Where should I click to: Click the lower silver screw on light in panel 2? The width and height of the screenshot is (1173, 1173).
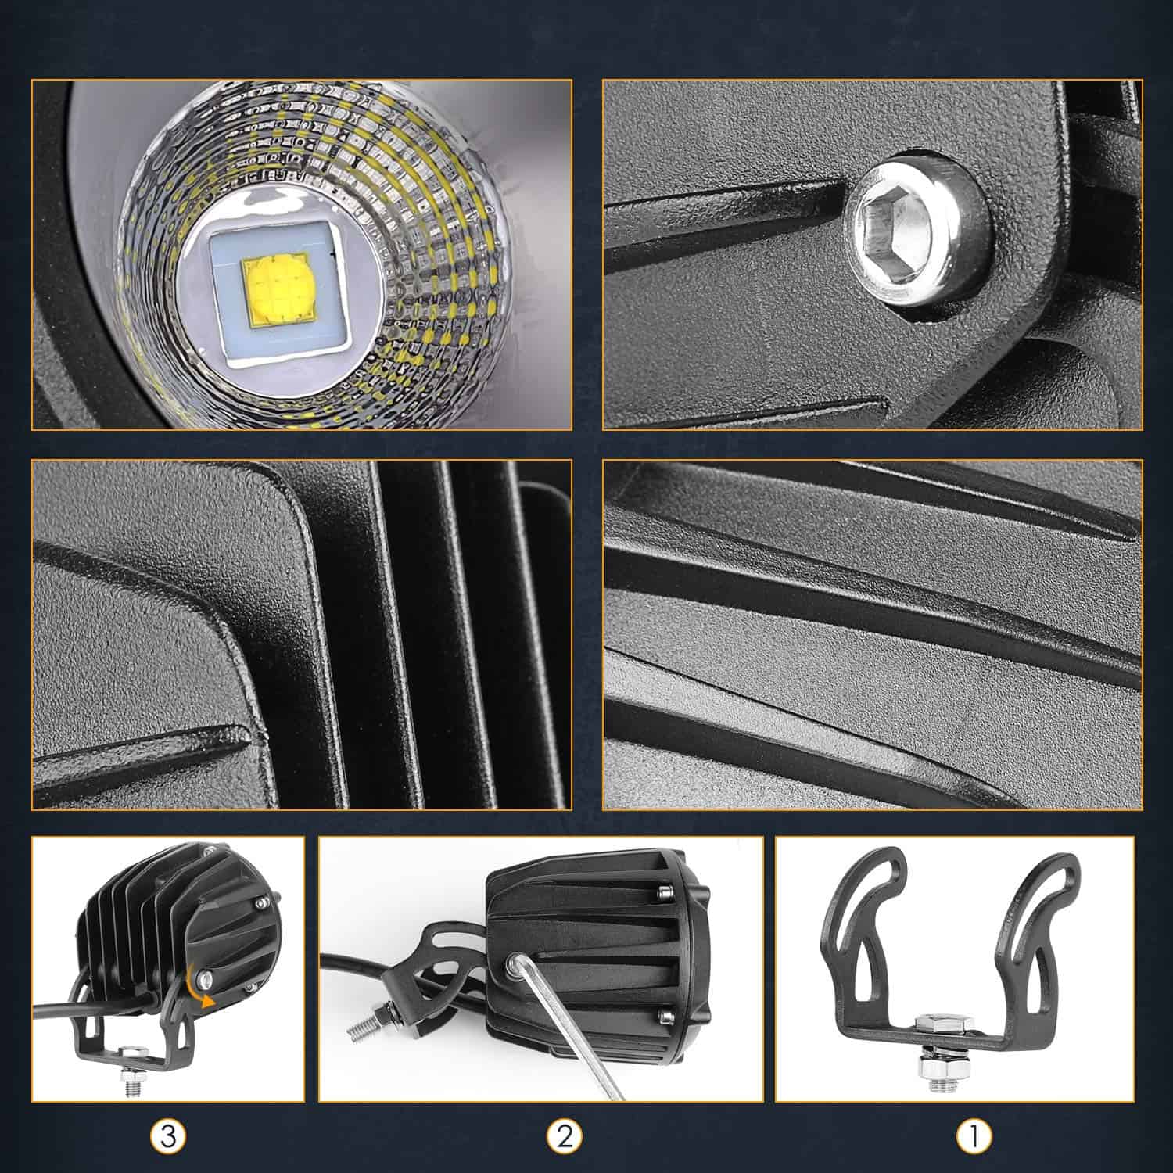tap(665, 1016)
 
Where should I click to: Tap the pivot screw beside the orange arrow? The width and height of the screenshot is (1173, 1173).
tap(205, 977)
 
